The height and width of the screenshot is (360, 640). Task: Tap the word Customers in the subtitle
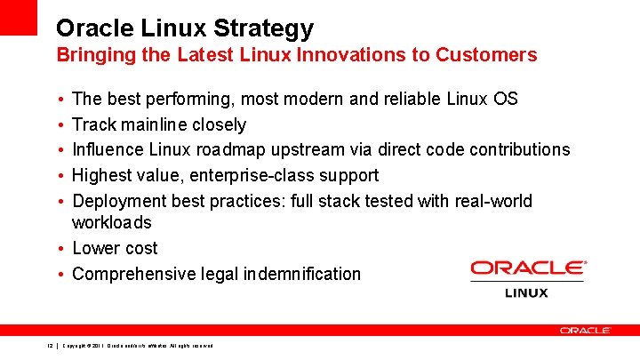(487, 55)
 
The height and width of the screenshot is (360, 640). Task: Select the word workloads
(112, 222)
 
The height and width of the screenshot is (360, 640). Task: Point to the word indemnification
(302, 274)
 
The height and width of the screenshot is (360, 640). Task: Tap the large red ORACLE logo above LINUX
(528, 268)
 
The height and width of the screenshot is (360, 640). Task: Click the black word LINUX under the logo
(527, 292)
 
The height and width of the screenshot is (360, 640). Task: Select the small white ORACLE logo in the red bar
(585, 330)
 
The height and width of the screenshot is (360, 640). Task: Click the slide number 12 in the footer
(51, 345)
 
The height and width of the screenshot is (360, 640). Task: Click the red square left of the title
(19, 17)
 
